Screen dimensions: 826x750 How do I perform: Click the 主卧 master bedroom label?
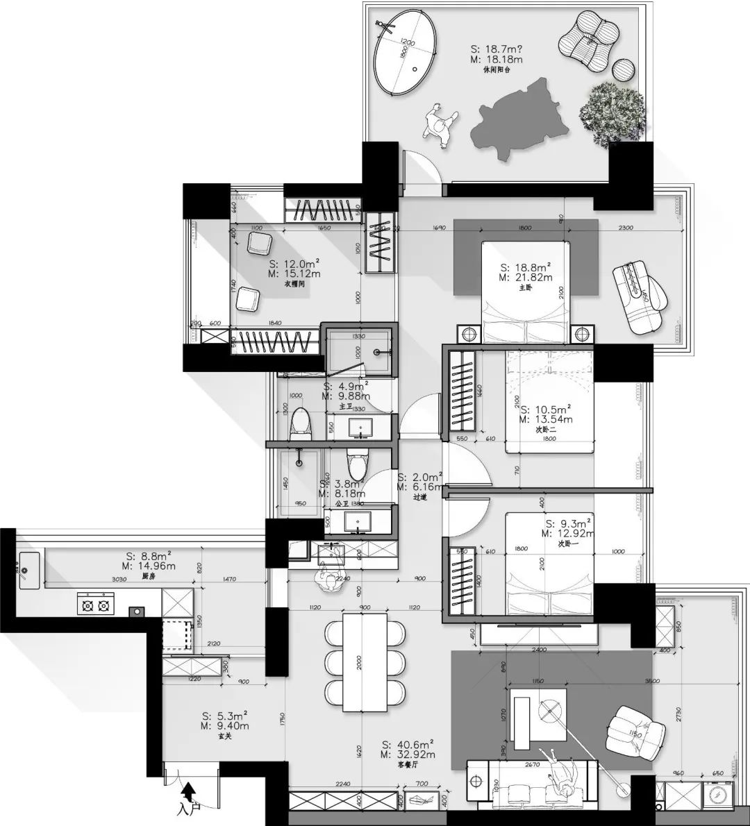pyautogui.click(x=525, y=288)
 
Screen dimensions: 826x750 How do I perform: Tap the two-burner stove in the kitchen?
pyautogui.click(x=96, y=606)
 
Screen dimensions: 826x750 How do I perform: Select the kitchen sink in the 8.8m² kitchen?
pyautogui.click(x=28, y=568)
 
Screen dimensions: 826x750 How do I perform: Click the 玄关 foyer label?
pyautogui.click(x=224, y=737)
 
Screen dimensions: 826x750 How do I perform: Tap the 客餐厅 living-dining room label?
pyautogui.click(x=408, y=765)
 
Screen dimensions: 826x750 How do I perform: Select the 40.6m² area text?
pyautogui.click(x=408, y=744)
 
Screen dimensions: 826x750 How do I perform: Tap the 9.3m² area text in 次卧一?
pyautogui.click(x=568, y=523)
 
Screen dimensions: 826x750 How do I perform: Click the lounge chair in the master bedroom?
pyautogui.click(x=640, y=297)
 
